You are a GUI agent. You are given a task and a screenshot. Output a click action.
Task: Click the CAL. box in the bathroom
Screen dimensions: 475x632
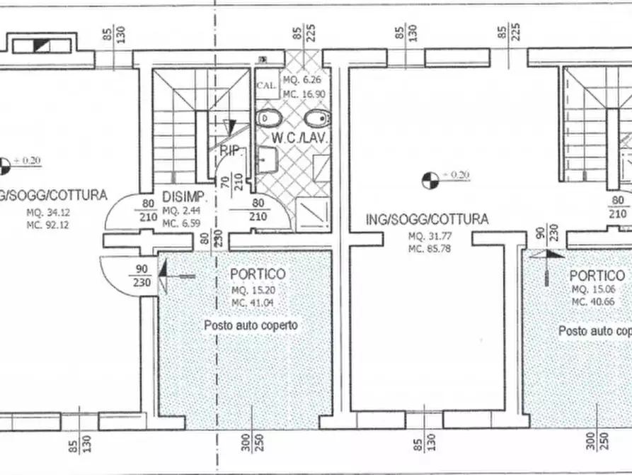pos(266,84)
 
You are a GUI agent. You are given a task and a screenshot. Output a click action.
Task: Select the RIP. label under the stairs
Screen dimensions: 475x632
pos(232,150)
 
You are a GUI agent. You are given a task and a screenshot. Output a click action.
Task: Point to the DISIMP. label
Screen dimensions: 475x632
pos(184,196)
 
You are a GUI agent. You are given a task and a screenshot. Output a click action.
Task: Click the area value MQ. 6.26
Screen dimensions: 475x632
pos(303,79)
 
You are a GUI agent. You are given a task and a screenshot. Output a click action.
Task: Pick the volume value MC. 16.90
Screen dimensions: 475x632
pos(304,93)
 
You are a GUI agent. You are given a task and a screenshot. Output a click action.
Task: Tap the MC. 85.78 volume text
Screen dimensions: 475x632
pos(428,248)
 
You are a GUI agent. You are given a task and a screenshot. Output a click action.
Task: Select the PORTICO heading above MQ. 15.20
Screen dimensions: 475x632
pos(258,274)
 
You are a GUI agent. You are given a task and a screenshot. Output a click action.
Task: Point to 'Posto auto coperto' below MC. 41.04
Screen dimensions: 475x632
pos(251,325)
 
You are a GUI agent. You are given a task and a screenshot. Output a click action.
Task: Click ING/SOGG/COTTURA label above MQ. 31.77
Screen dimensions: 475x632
pos(427,219)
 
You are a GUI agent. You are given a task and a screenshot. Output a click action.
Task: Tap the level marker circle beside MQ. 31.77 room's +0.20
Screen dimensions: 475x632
pos(429,180)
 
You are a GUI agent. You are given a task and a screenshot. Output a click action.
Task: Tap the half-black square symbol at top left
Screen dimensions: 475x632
pos(42,45)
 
